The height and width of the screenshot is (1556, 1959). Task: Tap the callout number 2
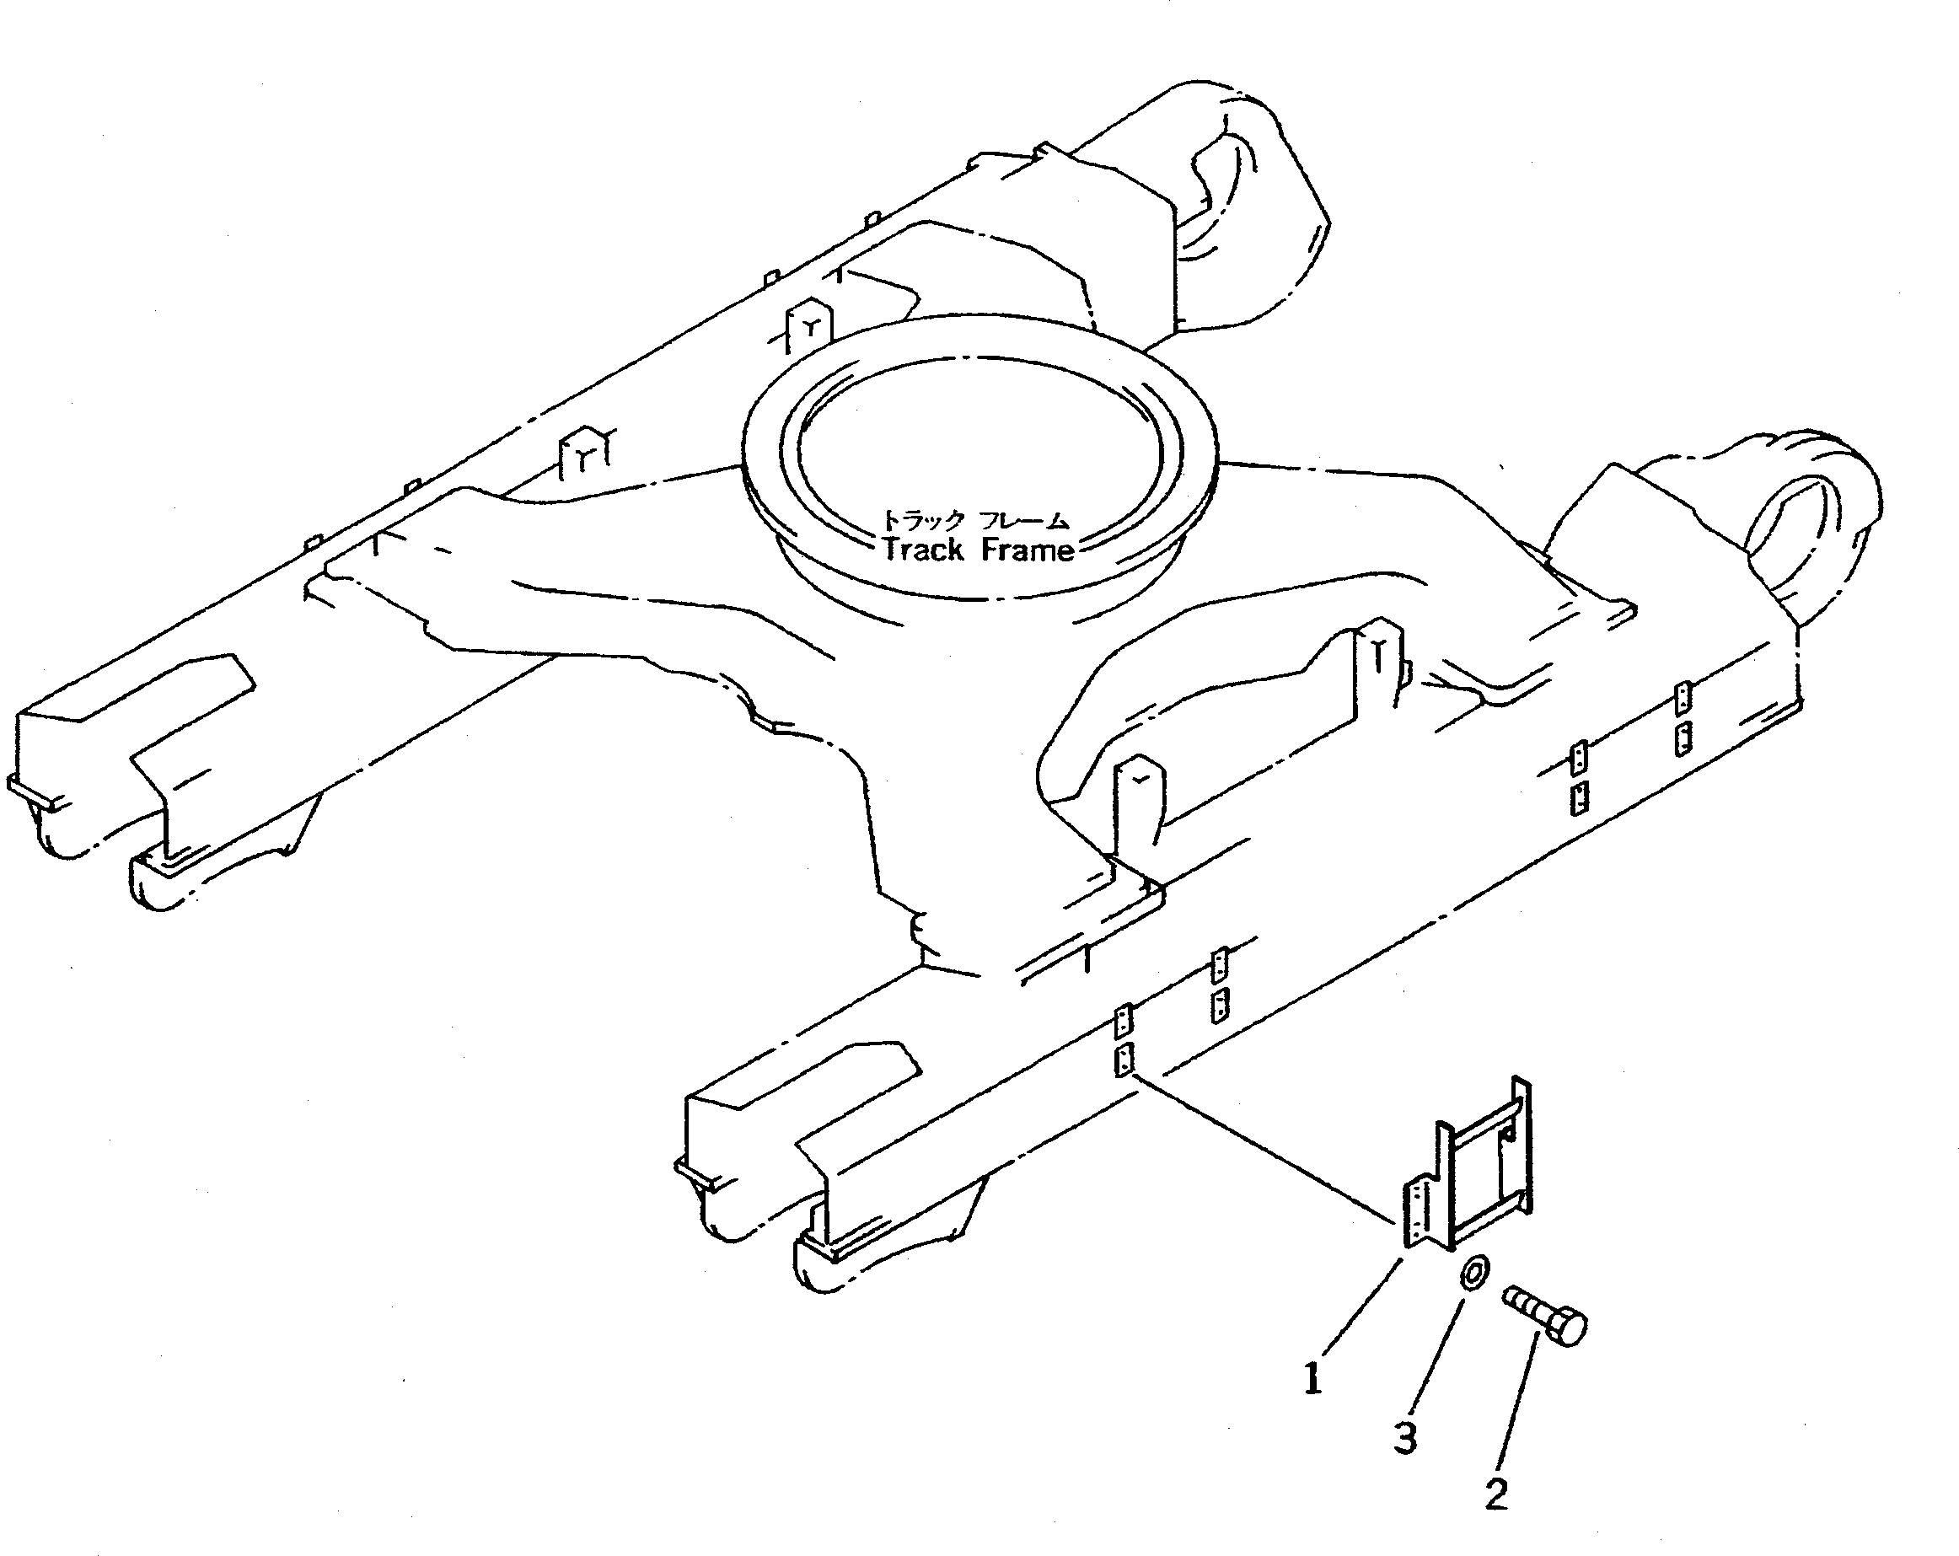(1496, 1494)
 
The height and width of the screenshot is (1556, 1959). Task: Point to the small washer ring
(1473, 1272)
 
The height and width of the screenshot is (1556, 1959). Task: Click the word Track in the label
(922, 550)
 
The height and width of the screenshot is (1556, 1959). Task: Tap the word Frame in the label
(1027, 550)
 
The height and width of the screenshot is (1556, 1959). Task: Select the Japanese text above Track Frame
(977, 520)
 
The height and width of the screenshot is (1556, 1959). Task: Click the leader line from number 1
(1358, 1308)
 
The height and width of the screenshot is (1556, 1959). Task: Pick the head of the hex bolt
(1570, 1326)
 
